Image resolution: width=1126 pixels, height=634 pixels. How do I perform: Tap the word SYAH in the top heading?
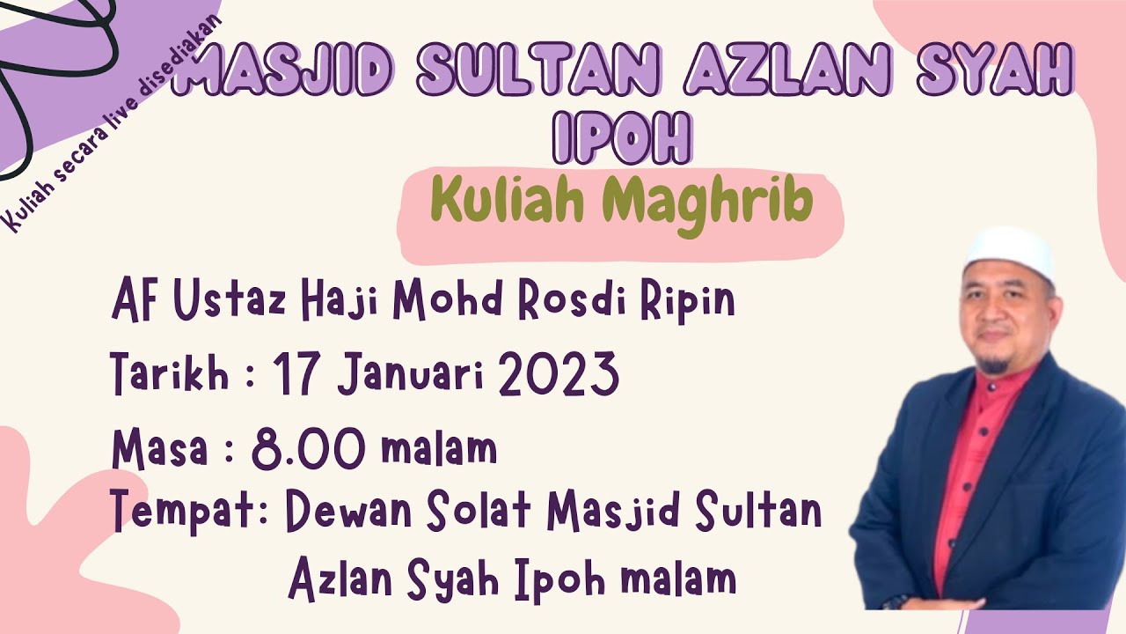tap(994, 73)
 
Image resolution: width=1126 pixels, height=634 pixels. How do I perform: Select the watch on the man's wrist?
tap(896, 601)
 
